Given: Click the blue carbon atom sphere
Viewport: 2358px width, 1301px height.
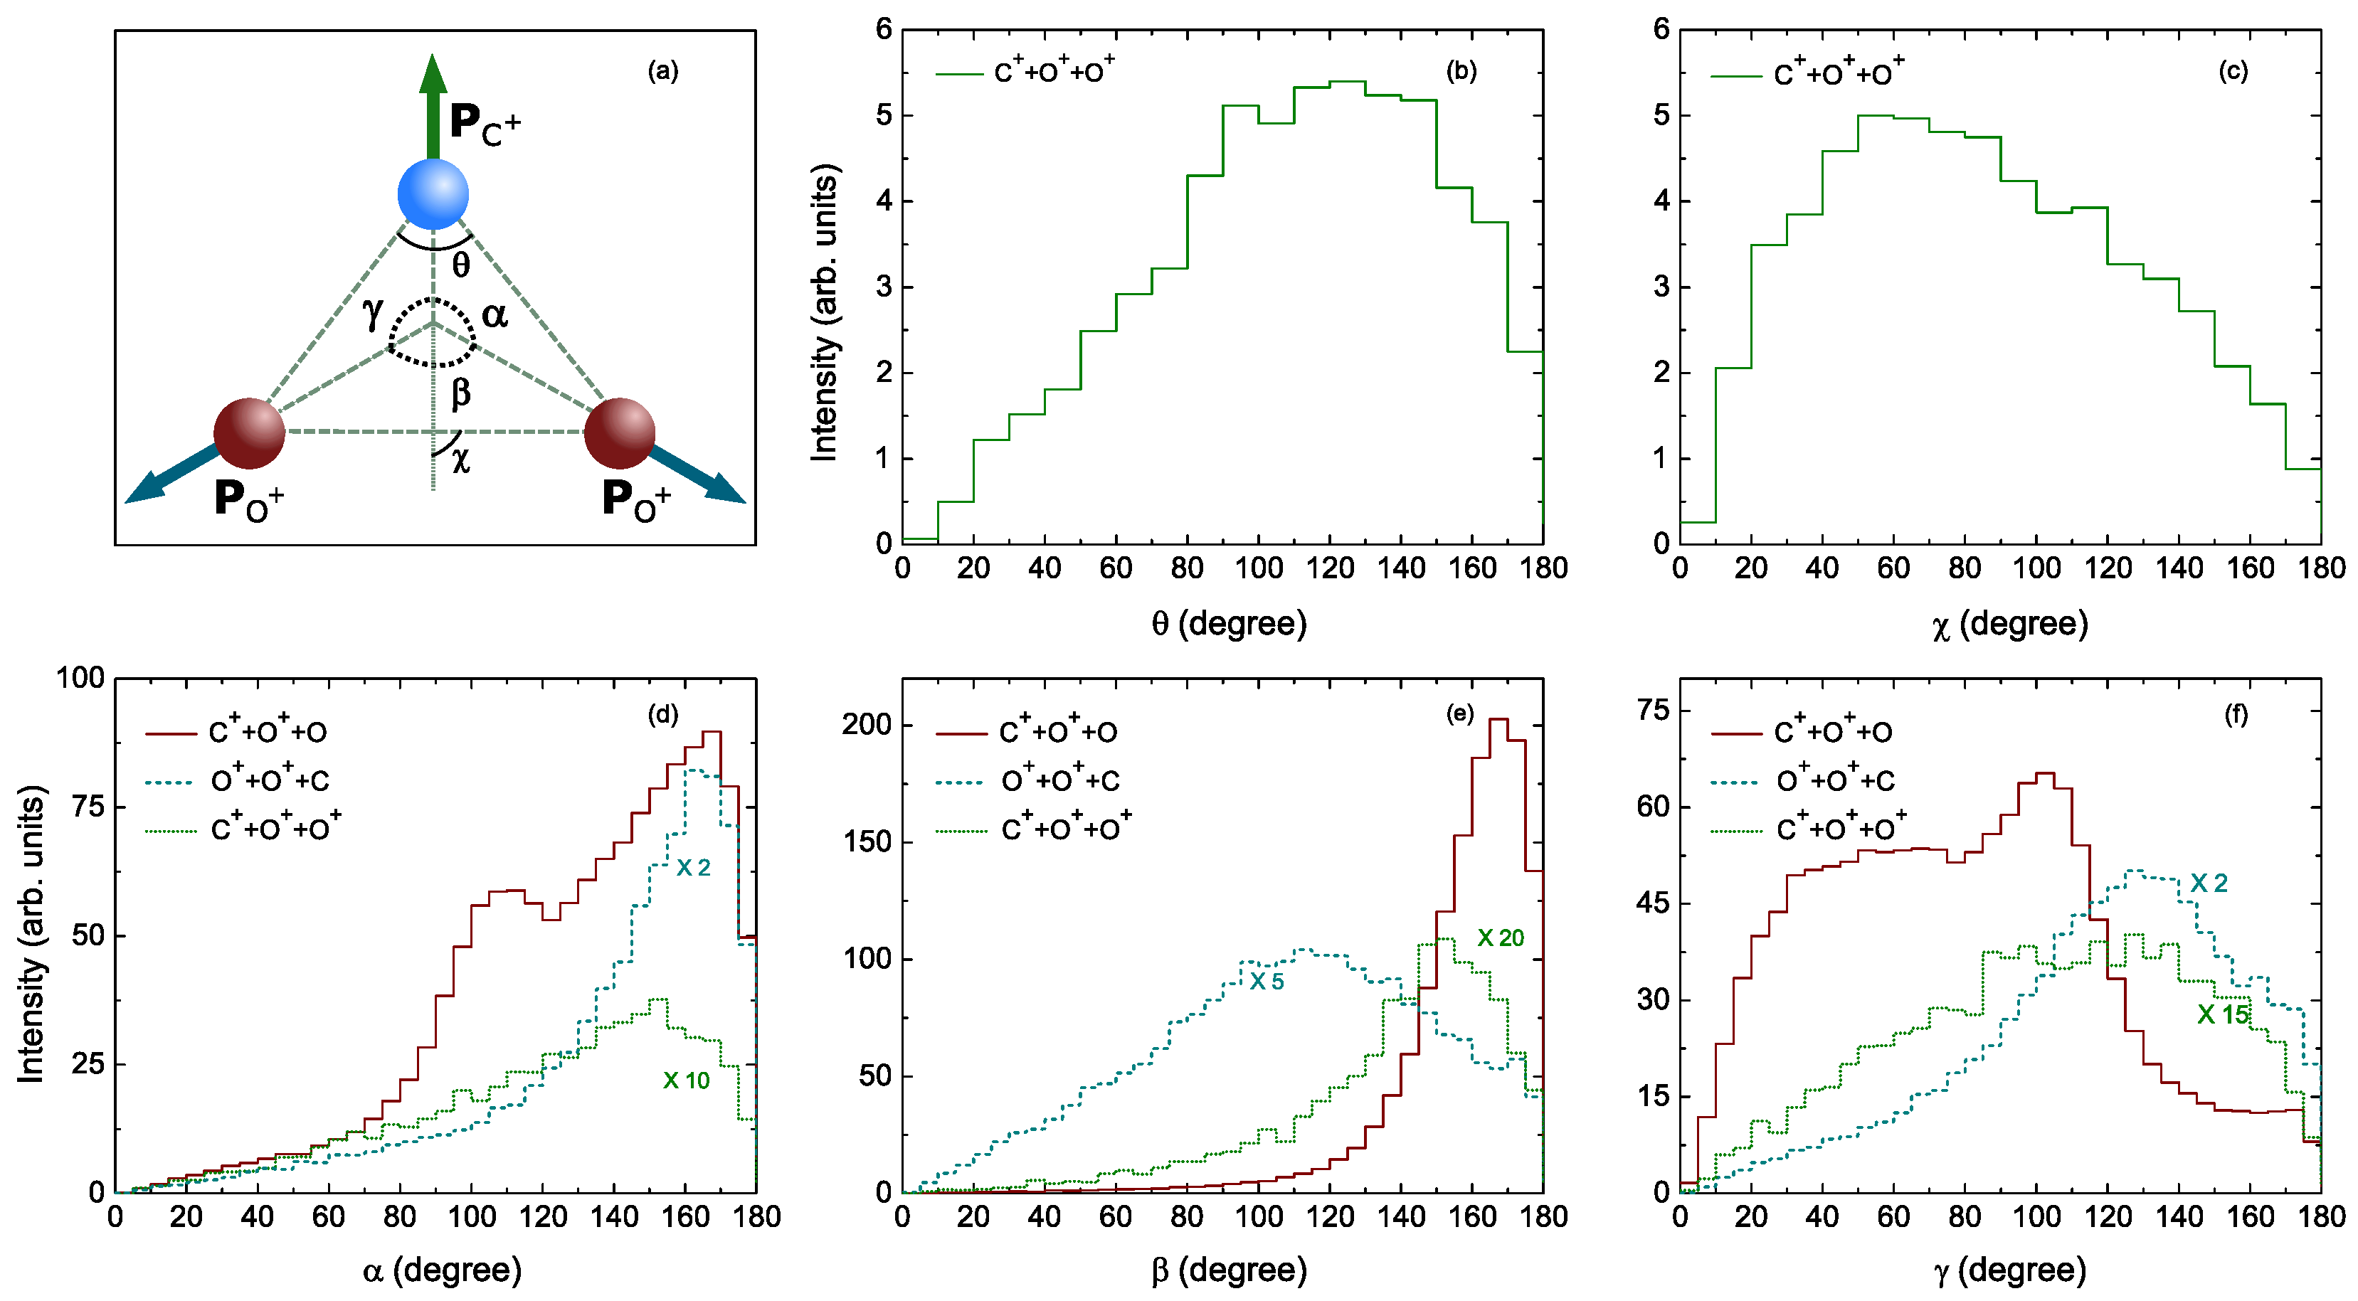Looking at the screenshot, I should (433, 194).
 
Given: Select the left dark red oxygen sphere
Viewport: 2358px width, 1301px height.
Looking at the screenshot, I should (249, 432).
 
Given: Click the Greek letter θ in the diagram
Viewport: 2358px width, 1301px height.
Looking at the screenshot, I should (461, 265).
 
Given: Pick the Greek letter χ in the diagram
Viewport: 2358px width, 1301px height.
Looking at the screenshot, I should (460, 458).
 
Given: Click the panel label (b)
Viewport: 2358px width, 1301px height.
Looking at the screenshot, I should (1461, 71).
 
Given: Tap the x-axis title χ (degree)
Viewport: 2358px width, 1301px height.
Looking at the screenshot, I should (2010, 624).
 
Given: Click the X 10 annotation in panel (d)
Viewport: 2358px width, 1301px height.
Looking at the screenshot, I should (687, 1080).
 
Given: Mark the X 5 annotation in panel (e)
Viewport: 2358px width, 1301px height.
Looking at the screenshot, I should (1267, 982).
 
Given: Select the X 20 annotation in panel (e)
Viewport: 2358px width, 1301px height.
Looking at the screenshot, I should (1501, 938).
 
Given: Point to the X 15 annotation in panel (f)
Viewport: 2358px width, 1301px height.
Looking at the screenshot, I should (2223, 1014).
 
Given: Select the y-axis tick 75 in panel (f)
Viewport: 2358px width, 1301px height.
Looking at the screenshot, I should (1653, 710).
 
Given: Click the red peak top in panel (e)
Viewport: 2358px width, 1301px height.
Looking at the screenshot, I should (1498, 719).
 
